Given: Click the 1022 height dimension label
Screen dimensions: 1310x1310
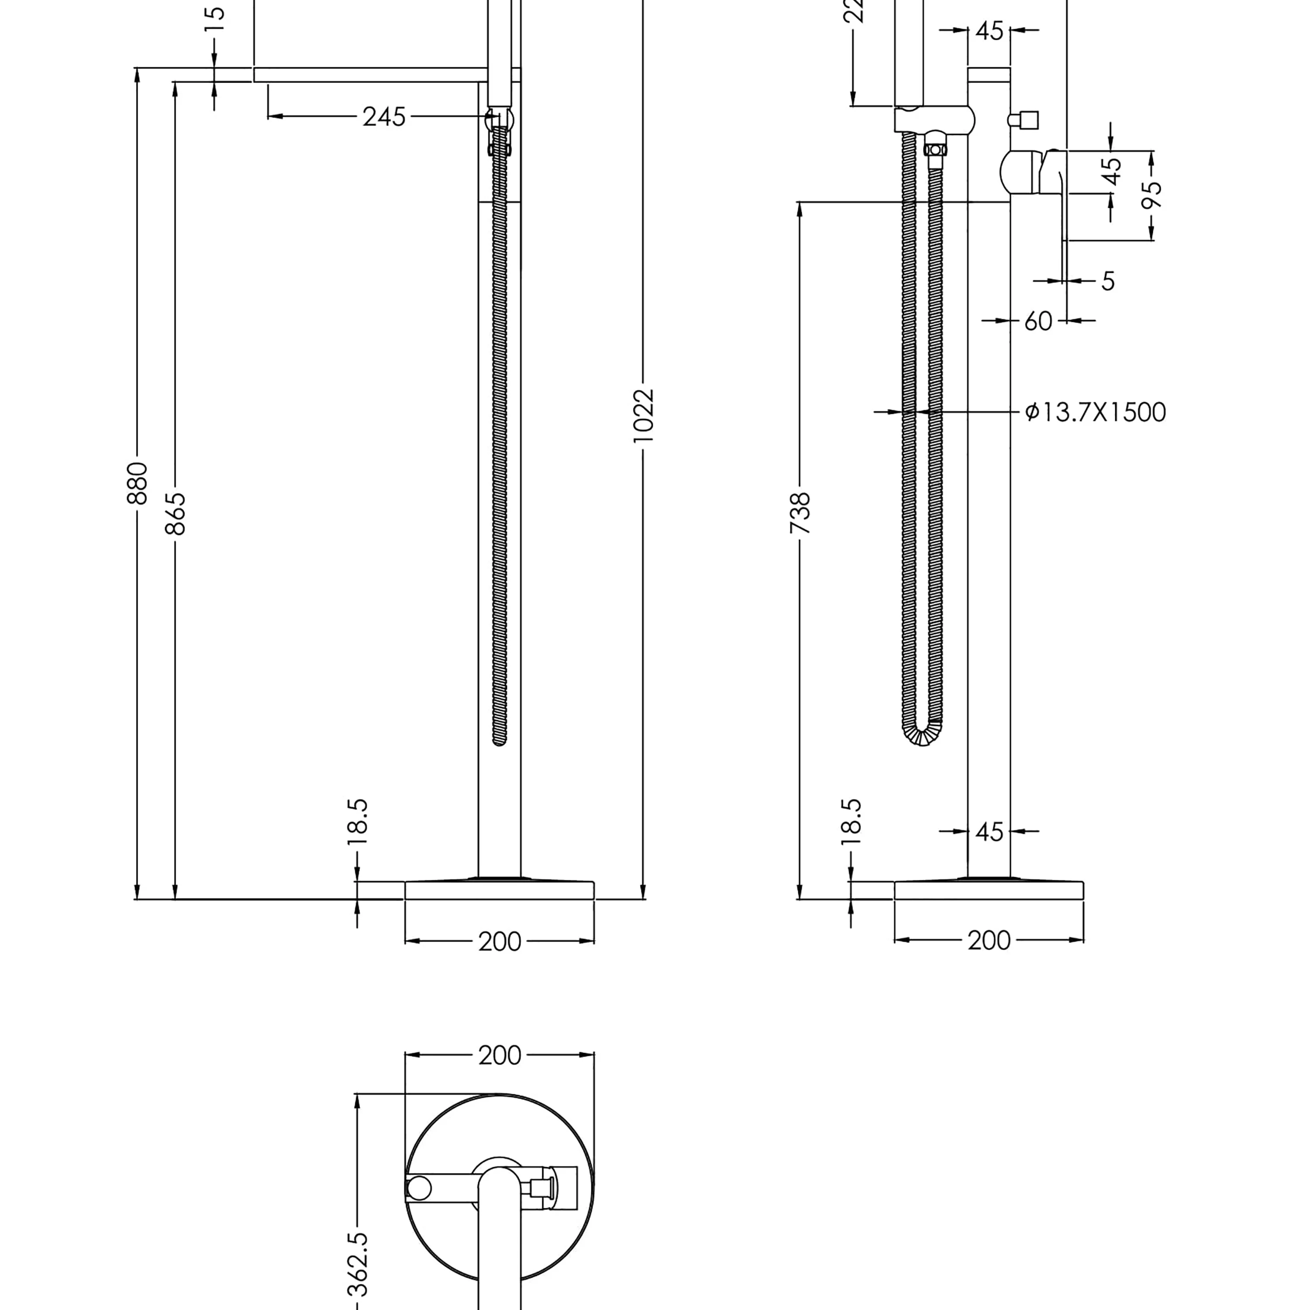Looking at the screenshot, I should (x=643, y=416).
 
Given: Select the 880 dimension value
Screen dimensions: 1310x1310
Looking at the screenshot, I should (x=137, y=483).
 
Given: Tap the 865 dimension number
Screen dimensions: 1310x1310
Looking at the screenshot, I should (x=175, y=513).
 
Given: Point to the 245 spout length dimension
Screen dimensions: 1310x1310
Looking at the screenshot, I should (x=384, y=117).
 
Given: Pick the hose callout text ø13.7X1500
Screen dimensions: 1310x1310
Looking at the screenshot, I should (x=1095, y=412).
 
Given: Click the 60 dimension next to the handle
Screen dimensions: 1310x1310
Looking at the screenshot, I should (x=1038, y=321).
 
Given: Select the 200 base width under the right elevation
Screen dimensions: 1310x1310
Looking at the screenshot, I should (x=989, y=941).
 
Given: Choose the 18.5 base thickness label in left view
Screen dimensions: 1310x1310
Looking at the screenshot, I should (x=357, y=822).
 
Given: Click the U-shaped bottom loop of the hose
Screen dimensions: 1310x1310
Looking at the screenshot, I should (x=922, y=736).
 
